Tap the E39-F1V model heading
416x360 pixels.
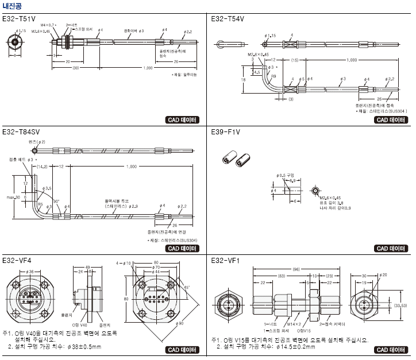pyautogui.click(x=226, y=131)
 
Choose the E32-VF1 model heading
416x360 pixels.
pyautogui.click(x=225, y=261)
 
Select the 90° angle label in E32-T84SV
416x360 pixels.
pyautogui.click(x=56, y=200)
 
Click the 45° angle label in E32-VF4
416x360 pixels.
pyautogui.click(x=187, y=288)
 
